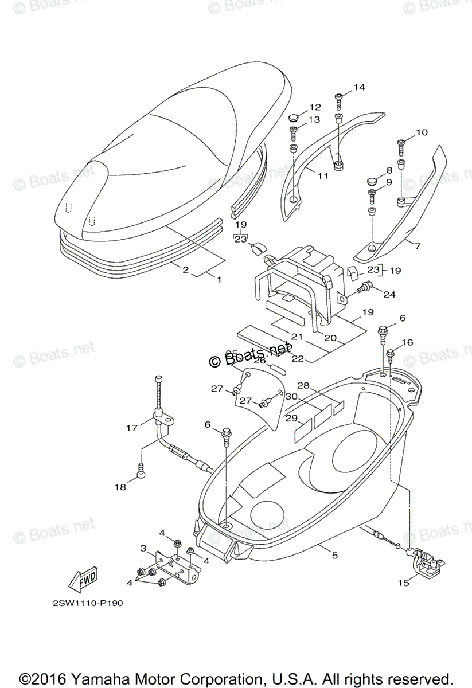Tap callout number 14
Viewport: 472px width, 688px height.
pyautogui.click(x=359, y=87)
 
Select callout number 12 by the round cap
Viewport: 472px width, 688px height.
pyautogui.click(x=315, y=107)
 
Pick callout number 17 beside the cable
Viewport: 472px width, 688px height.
pyautogui.click(x=132, y=427)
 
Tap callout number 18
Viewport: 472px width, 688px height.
pyautogui.click(x=120, y=487)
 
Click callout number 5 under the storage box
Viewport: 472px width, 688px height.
pyautogui.click(x=335, y=554)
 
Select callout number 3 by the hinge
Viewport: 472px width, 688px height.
pyautogui.click(x=143, y=548)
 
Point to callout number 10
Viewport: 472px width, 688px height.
pyautogui.click(x=422, y=132)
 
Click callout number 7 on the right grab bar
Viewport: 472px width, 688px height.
pyautogui.click(x=417, y=246)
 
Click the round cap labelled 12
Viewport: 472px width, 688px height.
pyautogui.click(x=295, y=118)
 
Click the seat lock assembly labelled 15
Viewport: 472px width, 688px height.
pyautogui.click(x=425, y=565)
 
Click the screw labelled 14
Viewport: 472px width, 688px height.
pyautogui.click(x=339, y=102)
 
